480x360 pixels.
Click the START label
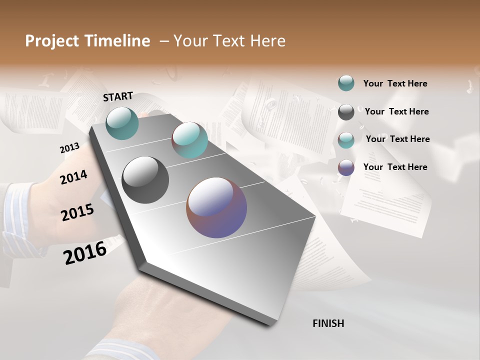click(118, 96)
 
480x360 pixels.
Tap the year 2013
click(69, 148)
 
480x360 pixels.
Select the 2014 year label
click(73, 177)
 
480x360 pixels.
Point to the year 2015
click(77, 212)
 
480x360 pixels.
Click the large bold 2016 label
click(85, 252)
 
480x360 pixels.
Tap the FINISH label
click(328, 323)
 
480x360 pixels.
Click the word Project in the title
click(51, 41)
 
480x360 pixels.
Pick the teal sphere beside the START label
click(122, 123)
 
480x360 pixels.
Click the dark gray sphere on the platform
click(145, 180)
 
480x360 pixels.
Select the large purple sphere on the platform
click(216, 207)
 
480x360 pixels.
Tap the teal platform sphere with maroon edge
click(189, 140)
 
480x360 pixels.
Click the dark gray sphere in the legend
click(346, 112)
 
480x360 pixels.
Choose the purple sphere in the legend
click(346, 167)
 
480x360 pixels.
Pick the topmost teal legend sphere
click(346, 83)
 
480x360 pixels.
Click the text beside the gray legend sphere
click(396, 111)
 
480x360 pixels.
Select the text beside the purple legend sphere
click(395, 167)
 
